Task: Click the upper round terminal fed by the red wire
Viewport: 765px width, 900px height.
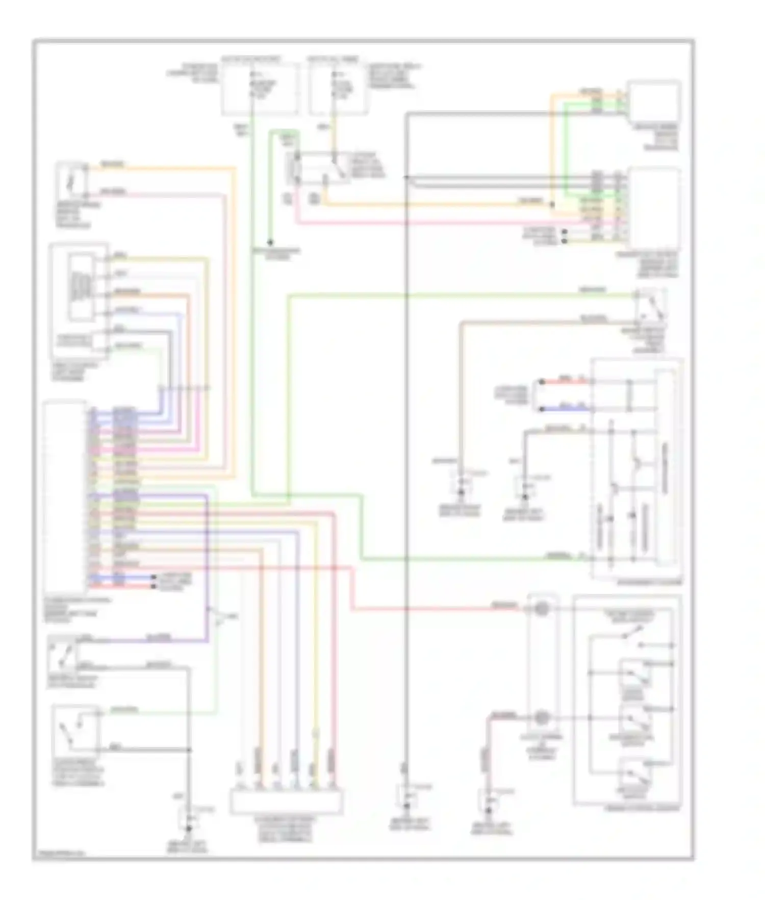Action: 541,608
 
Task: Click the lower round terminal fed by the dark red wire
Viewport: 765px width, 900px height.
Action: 541,717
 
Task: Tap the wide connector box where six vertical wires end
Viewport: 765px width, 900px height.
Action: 286,803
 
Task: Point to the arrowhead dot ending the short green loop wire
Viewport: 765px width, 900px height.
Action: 270,243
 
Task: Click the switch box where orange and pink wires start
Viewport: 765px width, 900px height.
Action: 72,181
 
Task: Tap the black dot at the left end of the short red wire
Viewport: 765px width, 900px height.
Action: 542,381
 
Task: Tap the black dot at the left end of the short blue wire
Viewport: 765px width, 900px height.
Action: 542,409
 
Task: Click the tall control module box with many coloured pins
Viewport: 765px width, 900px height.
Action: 65,495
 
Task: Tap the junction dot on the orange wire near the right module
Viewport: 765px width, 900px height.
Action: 552,205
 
